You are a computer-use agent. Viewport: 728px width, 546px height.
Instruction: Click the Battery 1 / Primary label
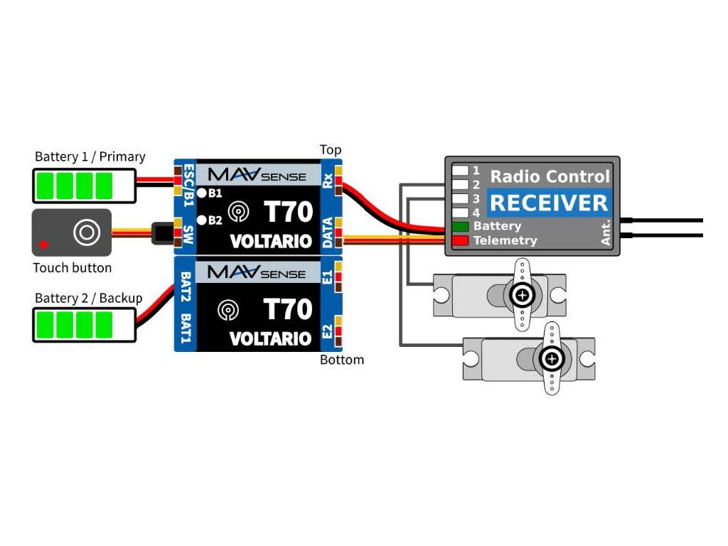90,156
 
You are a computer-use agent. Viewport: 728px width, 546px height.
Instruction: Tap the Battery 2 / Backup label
89,298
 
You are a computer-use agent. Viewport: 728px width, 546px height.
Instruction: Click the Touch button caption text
73,268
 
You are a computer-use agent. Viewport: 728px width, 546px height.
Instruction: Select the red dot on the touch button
44,245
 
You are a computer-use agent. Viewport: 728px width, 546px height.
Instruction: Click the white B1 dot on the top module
202,193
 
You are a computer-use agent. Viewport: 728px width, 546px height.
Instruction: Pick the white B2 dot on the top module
202,220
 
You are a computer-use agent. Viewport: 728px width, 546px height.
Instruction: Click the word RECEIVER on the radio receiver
550,203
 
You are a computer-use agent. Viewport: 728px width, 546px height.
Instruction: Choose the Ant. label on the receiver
606,232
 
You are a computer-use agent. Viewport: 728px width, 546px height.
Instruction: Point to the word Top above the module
331,150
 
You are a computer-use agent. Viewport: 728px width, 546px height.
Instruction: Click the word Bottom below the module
342,360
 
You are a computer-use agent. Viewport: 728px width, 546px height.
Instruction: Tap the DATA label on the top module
328,233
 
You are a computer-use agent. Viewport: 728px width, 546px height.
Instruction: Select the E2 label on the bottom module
328,331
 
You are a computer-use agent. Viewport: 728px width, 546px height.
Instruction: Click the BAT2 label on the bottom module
186,287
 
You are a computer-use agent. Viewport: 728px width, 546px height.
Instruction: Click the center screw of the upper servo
523,294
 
